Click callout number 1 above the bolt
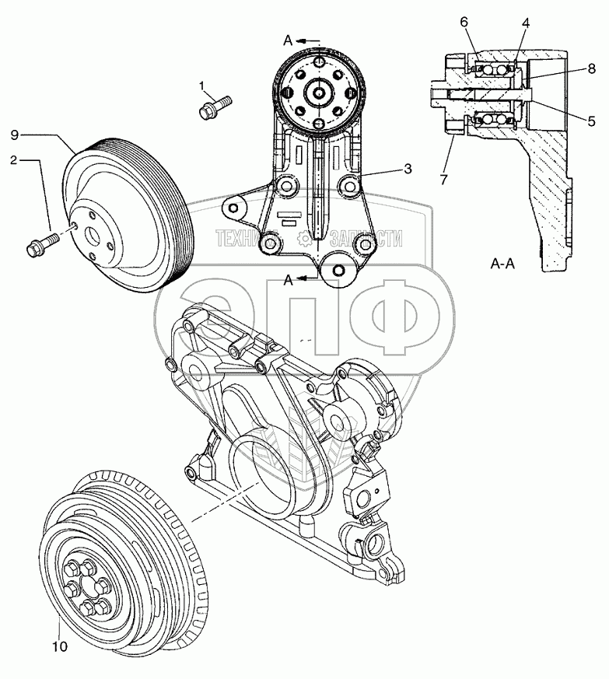point(201,85)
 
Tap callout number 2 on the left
point(14,160)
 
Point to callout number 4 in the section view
point(527,23)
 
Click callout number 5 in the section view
point(592,121)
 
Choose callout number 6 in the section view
point(464,22)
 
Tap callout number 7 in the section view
point(443,180)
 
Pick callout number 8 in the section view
point(592,69)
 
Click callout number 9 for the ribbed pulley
point(15,135)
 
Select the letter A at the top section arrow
point(287,40)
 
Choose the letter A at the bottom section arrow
point(287,282)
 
